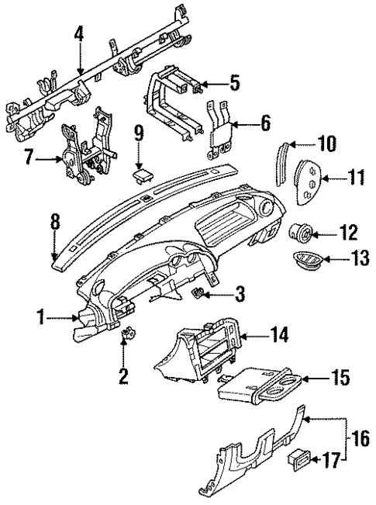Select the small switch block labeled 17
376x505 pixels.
tap(298, 456)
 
